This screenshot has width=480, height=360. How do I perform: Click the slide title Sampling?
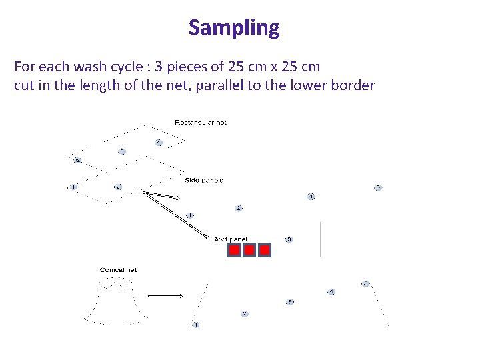[x=234, y=28]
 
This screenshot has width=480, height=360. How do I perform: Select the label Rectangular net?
[x=200, y=123]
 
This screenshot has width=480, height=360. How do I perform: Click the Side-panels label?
[x=203, y=180]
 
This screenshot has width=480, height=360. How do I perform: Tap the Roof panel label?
[x=229, y=239]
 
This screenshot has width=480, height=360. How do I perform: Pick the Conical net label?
[x=118, y=270]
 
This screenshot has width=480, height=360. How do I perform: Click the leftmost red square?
[x=234, y=250]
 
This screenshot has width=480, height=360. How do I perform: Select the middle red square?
[x=249, y=250]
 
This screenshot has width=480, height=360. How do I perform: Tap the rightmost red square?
[x=265, y=250]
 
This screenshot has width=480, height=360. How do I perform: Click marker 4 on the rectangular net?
[x=158, y=143]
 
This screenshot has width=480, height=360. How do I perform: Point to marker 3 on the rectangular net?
[x=121, y=151]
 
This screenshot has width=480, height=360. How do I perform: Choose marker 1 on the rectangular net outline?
[x=73, y=187]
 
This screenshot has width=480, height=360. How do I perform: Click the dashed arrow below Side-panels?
[x=162, y=196]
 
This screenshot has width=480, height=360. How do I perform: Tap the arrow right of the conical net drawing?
[x=165, y=296]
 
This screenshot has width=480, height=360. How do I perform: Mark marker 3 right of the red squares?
[x=289, y=239]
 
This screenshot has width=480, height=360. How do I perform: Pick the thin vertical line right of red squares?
[x=321, y=239]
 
